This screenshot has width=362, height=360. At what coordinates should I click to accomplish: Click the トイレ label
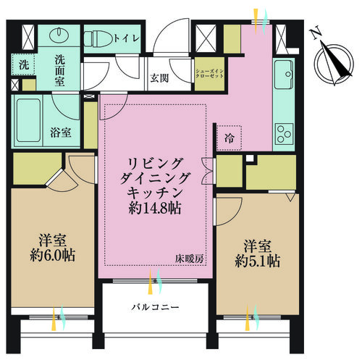(127, 38)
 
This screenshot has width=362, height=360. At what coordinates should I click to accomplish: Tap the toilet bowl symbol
(98, 38)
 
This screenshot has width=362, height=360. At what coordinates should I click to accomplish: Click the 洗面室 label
(59, 70)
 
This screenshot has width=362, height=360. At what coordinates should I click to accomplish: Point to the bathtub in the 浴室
(28, 120)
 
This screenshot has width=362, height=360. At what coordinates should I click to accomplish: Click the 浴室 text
(61, 133)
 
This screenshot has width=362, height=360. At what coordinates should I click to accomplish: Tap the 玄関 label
(159, 78)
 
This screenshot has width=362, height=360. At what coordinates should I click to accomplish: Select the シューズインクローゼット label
(210, 73)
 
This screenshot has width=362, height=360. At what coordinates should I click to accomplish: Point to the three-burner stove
(285, 134)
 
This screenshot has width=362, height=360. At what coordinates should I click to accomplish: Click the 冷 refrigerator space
(229, 138)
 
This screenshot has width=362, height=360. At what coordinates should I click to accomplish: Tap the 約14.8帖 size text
(155, 208)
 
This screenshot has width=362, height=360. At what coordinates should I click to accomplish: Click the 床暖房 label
(190, 259)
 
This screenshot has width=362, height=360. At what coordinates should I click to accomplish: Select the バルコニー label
(155, 307)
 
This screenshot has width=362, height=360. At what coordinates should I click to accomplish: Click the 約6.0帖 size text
(52, 255)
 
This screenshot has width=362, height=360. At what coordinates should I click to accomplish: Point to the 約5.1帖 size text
(258, 261)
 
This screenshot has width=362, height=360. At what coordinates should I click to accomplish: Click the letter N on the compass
(316, 34)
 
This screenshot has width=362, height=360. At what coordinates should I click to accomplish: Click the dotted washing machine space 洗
(24, 64)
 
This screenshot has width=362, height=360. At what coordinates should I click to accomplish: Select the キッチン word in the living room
(155, 193)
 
